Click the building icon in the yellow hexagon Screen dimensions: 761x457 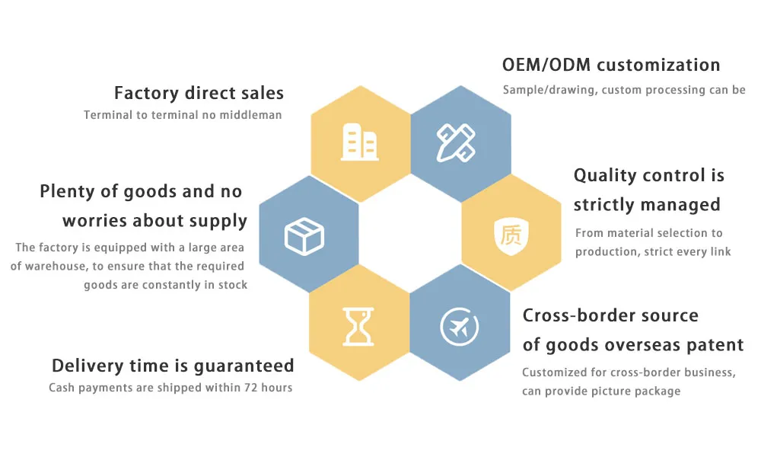[360, 142]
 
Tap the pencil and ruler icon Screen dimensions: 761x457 [456, 142]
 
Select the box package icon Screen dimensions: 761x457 [304, 237]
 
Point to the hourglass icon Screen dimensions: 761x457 [358, 326]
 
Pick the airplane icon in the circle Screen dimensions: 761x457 [459, 327]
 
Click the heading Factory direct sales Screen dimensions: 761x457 [199, 93]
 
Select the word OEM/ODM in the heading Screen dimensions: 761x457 [546, 65]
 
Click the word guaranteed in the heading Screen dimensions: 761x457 [244, 366]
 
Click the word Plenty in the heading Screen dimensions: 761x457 [68, 192]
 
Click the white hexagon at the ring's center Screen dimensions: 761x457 [410, 234]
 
